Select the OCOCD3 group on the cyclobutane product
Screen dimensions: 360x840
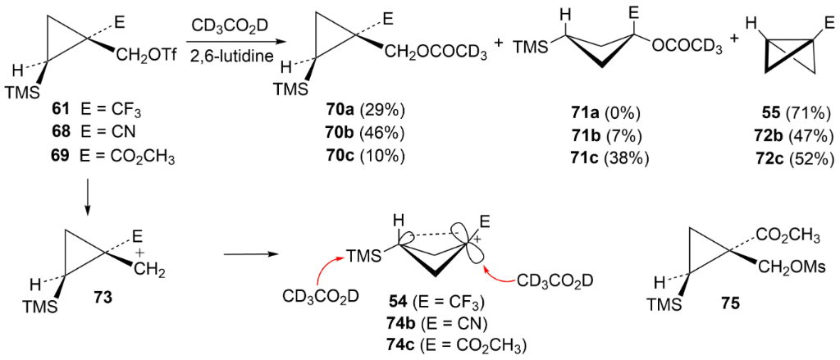pyautogui.click(x=687, y=49)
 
